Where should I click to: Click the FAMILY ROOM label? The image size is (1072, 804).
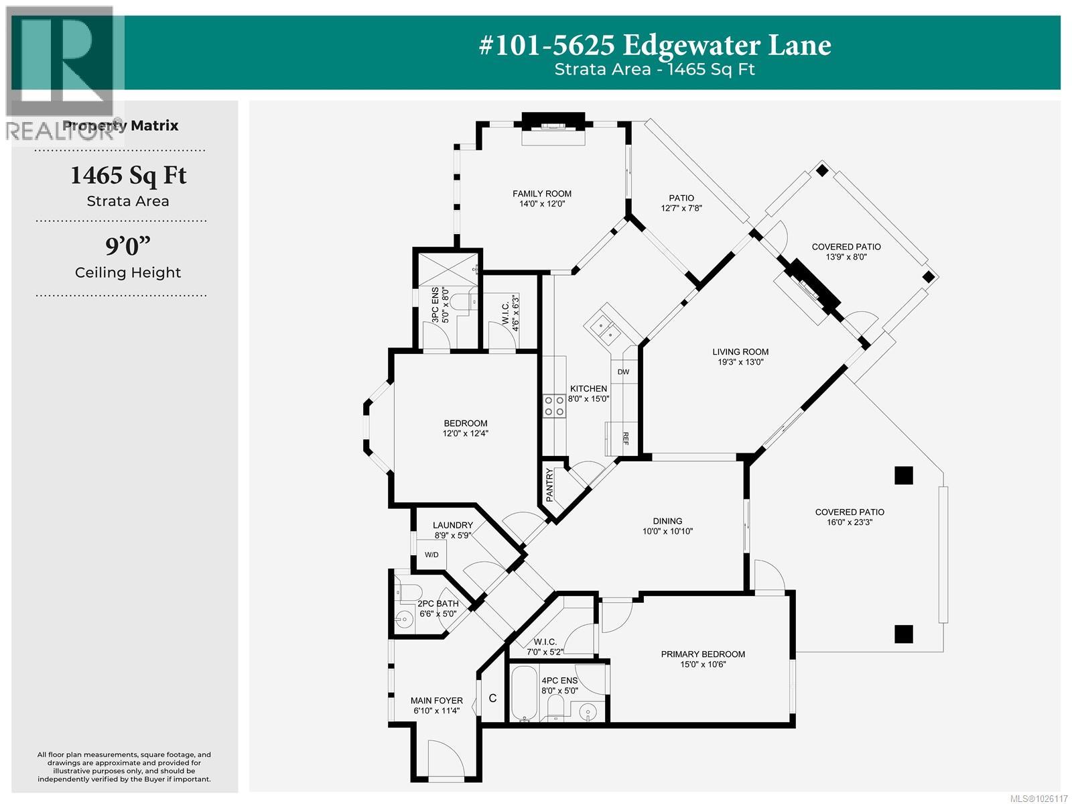click(542, 194)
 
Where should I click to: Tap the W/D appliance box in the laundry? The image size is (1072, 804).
click(431, 555)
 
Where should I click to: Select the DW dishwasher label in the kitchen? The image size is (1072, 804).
click(623, 372)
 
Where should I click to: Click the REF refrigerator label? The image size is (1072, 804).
click(624, 439)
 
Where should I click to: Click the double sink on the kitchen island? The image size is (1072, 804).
click(606, 328)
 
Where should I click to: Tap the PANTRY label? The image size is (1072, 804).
click(550, 485)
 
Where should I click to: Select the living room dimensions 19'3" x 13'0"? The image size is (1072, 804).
click(740, 362)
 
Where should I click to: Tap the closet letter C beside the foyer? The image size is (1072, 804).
click(492, 699)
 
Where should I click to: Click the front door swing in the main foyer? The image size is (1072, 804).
click(444, 758)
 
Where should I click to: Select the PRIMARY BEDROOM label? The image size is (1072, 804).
click(703, 654)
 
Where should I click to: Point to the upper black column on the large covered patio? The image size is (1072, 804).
click(903, 475)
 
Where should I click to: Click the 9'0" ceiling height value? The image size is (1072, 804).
click(127, 247)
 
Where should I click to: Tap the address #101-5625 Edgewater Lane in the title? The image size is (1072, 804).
click(655, 46)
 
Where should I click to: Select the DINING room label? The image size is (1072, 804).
click(667, 521)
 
